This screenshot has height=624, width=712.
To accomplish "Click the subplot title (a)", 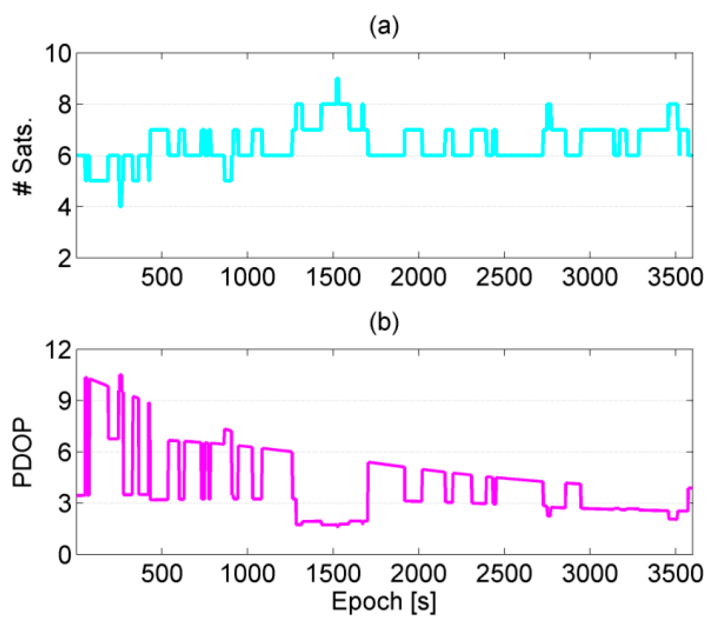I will coord(384,27).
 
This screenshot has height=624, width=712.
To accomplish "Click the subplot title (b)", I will coord(384,323).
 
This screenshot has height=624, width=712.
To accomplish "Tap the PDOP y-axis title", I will coord(22,452).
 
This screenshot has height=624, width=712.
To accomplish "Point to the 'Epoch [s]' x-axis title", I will coord(384,601).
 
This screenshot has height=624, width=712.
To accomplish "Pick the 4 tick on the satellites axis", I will coord(64,207).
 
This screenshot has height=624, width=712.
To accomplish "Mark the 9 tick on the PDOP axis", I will coord(64,401).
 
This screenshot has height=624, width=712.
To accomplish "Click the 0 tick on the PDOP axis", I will coord(64,555).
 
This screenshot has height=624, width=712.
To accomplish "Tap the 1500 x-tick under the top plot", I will coord(333,277).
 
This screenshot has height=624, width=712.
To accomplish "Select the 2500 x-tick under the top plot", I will coord(504,277).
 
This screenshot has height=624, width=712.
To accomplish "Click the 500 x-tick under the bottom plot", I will coord(162,574).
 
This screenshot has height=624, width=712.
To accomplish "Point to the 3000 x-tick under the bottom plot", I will coord(590,574).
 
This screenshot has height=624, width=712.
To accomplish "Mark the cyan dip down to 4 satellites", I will coord(121,205).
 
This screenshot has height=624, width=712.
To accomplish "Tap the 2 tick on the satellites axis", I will coord(64,259).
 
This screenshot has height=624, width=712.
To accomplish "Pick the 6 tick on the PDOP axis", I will coord(64,452).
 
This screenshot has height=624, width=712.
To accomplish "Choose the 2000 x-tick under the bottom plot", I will coord(418,574).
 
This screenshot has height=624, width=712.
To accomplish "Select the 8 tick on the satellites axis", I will coord(64,105).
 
